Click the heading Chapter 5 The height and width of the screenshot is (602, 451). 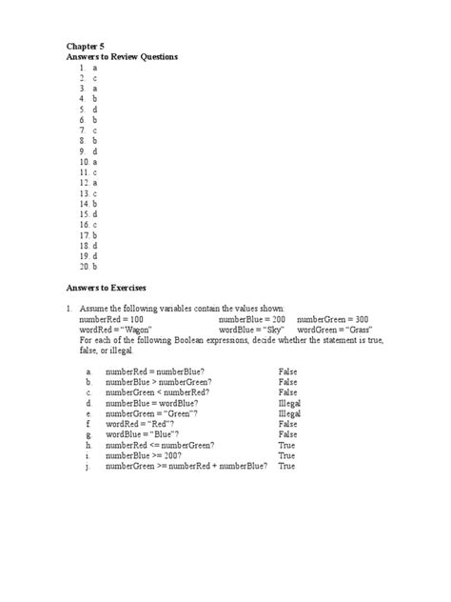(x=85, y=45)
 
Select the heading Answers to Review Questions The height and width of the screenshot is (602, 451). (x=122, y=57)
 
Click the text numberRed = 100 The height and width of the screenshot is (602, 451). (x=111, y=319)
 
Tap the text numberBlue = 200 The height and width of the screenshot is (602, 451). (x=251, y=319)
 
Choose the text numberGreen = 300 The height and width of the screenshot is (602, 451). (x=333, y=319)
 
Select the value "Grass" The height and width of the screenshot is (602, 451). (x=357, y=330)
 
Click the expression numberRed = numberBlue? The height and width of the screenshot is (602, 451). (x=152, y=372)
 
